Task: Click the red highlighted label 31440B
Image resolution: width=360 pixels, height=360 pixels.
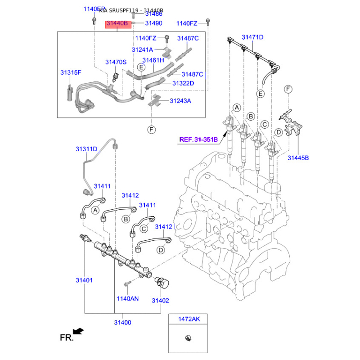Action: coord(118,24)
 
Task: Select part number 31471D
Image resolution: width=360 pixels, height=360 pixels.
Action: coord(252,37)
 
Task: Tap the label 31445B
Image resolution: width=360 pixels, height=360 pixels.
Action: coord(298,157)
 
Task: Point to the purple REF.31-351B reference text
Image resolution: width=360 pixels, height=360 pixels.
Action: coord(198,139)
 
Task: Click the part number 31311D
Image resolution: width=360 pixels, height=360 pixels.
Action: coord(86,148)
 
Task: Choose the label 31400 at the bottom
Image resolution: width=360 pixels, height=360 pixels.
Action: coord(122,322)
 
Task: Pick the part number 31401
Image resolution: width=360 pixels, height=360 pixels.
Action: coord(84,280)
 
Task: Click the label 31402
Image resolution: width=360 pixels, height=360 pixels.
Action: coord(160,300)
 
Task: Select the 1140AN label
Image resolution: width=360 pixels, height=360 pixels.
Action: coord(128,298)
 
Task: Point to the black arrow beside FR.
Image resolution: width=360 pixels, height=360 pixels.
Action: coord(78,332)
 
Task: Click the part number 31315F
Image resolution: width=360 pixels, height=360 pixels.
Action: coord(71,72)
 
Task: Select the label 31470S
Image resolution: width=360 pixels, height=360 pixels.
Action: coord(116,62)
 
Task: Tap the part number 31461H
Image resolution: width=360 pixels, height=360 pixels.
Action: coord(153,60)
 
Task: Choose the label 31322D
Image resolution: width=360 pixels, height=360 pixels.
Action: coord(183,83)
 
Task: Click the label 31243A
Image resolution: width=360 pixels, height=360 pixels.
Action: coord(180,101)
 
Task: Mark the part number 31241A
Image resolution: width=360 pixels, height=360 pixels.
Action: coord(142,49)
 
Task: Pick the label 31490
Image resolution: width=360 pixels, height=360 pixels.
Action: coord(153,23)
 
